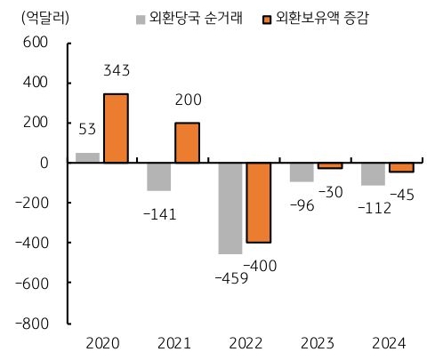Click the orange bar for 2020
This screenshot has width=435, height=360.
116,128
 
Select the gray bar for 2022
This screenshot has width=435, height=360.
230,208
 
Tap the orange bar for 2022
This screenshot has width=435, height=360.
258,203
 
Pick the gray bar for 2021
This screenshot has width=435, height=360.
158,176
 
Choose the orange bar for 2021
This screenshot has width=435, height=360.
187,142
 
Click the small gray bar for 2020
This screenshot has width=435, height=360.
87,157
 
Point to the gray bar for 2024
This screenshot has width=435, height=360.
373,174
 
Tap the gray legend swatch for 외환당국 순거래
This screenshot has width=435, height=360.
140,18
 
